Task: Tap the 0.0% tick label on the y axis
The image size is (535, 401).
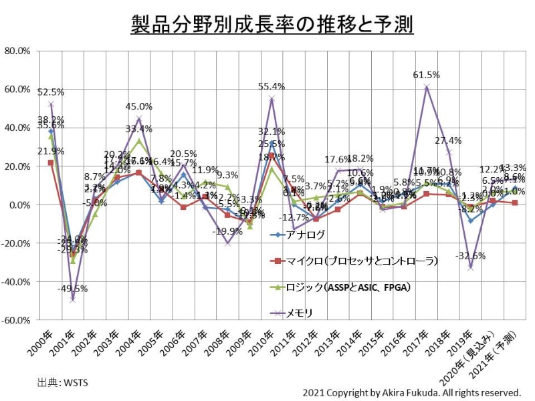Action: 19,205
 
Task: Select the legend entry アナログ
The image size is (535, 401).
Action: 308,234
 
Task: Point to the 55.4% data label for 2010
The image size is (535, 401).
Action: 272,86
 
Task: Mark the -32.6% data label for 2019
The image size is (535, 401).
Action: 471,256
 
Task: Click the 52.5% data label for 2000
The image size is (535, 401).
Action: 51,92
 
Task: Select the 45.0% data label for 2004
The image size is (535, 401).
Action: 139,106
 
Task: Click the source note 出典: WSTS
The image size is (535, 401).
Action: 62,383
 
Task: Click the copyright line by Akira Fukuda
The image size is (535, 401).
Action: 411,392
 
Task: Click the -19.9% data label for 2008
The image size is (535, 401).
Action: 227,231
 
